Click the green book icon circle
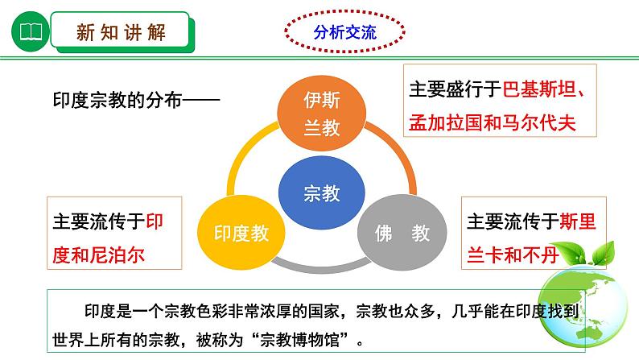pos(31,31)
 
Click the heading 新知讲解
pos(121,32)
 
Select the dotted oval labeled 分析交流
pos(344,31)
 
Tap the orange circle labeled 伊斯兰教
pos(322,114)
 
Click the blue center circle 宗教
pos(322,192)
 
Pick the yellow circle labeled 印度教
pos(241,233)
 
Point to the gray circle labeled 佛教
pos(402,233)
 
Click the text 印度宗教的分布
pos(117,100)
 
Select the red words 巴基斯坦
pos(539,89)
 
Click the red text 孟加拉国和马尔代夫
pos(493,122)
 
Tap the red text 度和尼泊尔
pos(99,255)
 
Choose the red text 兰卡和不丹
pos(513,255)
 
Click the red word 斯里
pos(578,221)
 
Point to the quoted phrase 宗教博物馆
pos(300,339)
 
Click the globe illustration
pos(583,306)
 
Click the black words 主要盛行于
pos(456,89)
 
